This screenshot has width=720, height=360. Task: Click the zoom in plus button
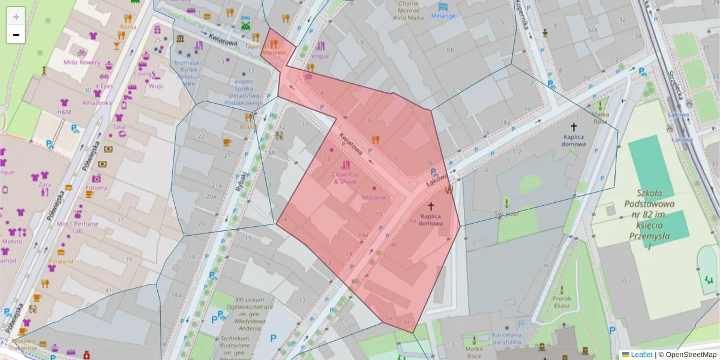click(16, 16)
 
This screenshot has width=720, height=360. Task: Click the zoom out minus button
click(16, 35)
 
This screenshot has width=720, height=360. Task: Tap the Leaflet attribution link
click(641, 355)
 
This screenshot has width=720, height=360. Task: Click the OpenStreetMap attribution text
click(691, 355)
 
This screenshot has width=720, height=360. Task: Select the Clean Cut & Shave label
click(344, 178)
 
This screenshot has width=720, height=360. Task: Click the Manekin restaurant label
click(274, 52)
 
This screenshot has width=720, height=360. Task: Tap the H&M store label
click(64, 112)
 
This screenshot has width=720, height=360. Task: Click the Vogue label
click(320, 56)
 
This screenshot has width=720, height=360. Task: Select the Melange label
click(443, 16)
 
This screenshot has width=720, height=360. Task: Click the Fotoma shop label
click(97, 187)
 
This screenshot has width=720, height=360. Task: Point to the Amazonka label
click(97, 103)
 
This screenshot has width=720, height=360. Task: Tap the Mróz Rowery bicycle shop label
click(82, 62)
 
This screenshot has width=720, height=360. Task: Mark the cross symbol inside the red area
click(431, 206)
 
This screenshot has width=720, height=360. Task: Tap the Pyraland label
click(61, 261)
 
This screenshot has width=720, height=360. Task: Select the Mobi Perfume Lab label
click(77, 227)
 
